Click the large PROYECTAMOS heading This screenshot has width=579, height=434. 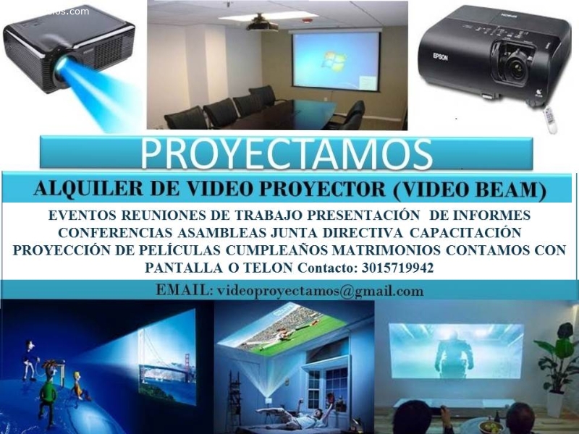[286, 153]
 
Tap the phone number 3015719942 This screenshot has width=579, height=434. [397, 268]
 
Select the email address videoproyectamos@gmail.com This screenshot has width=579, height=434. [320, 291]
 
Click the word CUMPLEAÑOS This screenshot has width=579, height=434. [277, 250]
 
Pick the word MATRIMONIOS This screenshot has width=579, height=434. [386, 250]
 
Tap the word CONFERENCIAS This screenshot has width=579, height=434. [115, 233]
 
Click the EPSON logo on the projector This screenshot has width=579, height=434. [440, 57]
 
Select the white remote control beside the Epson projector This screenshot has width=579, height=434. [550, 119]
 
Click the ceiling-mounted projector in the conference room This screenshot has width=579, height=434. [262, 23]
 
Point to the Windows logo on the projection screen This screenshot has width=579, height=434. [334, 61]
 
